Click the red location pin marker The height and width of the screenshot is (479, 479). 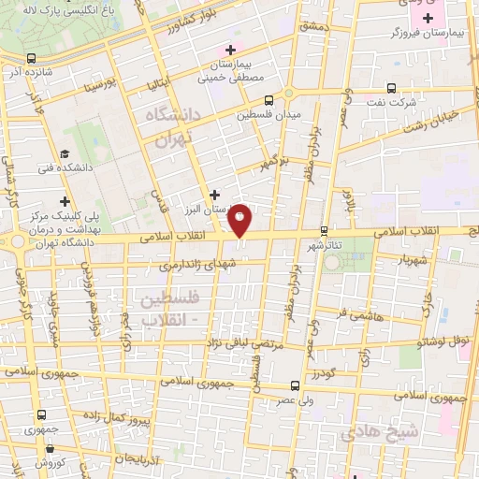pos(240,219)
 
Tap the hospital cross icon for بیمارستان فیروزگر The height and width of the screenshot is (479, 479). pos(428,19)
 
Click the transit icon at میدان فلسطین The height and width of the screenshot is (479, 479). pos(269,100)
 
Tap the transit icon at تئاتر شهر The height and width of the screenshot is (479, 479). pos(325,230)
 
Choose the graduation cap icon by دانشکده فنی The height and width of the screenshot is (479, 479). pos(64,153)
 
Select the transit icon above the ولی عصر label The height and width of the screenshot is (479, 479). pos(295,385)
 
